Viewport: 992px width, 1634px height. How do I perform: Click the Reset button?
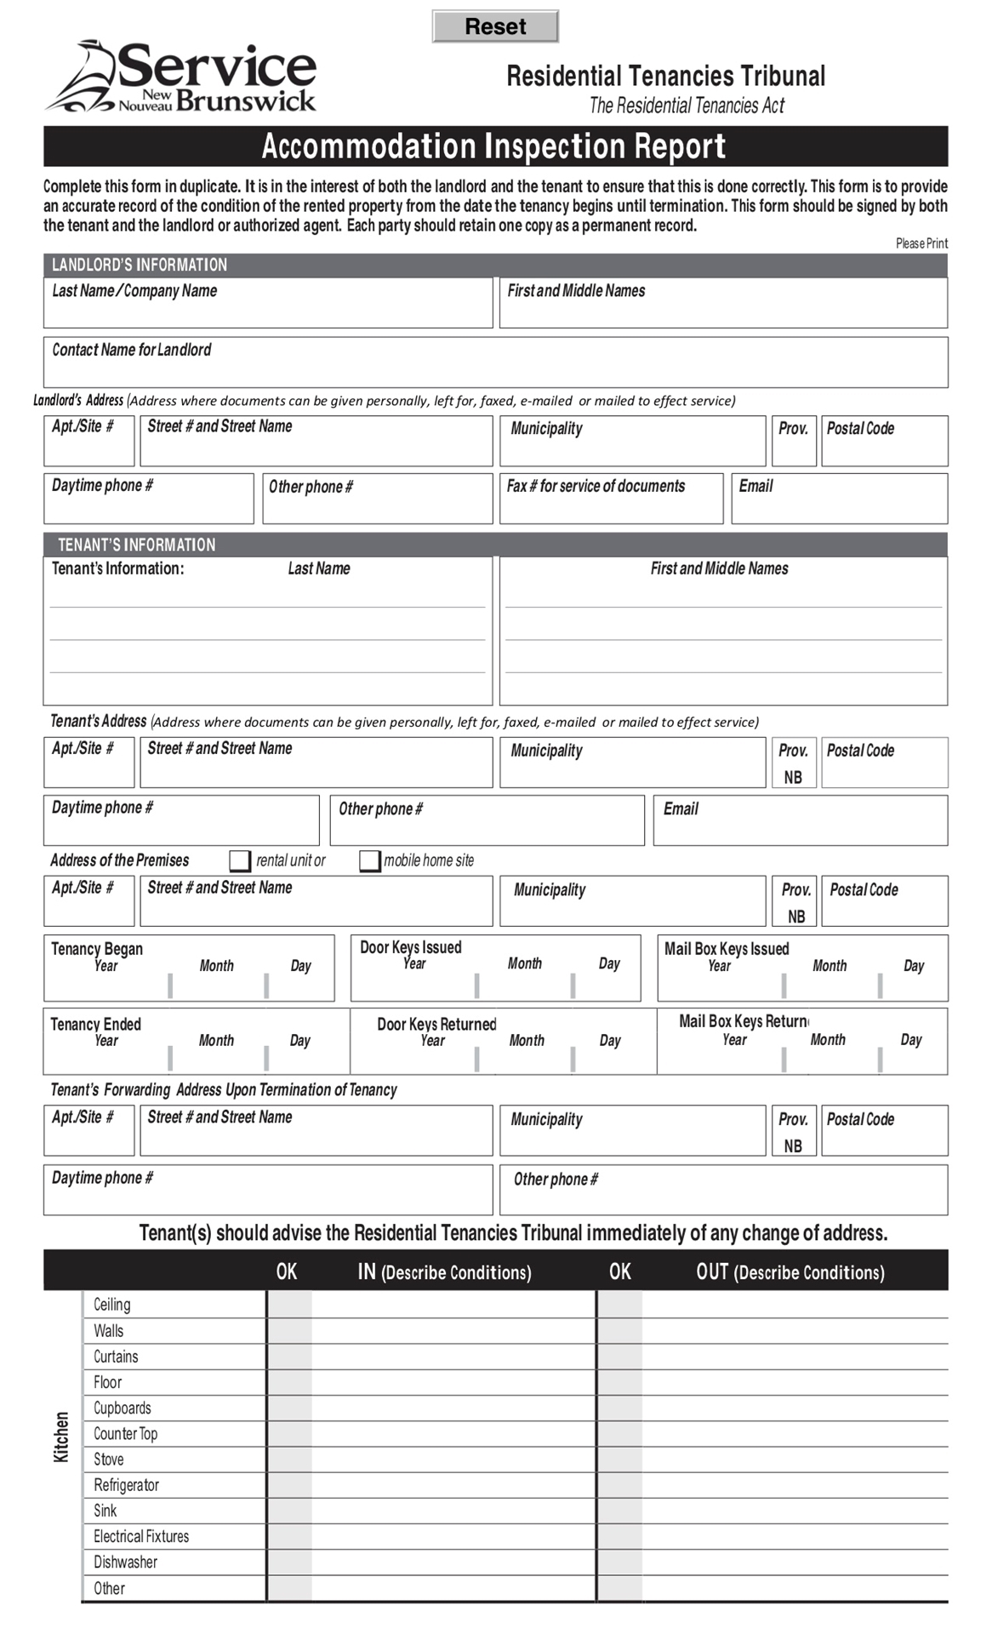click(x=495, y=26)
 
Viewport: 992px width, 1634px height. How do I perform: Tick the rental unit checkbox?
click(x=240, y=860)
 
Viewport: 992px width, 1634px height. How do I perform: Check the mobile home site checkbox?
click(x=369, y=860)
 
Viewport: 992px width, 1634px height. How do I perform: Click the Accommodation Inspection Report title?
click(x=494, y=146)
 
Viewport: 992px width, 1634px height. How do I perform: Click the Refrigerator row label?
click(x=127, y=1485)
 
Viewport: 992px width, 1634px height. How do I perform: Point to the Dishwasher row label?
click(x=126, y=1562)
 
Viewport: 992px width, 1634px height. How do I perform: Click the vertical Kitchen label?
click(x=61, y=1437)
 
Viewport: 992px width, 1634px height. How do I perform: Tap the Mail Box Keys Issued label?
click(x=727, y=948)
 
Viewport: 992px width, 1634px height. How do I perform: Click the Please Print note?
click(x=921, y=243)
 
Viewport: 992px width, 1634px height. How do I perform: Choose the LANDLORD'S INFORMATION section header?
click(x=140, y=265)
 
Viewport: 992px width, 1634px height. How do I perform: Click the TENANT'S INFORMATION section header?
click(x=137, y=545)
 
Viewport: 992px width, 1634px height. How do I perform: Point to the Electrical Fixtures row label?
click(x=141, y=1536)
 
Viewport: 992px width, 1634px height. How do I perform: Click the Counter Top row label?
click(x=126, y=1433)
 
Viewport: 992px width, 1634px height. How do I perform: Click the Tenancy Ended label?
click(x=96, y=1024)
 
